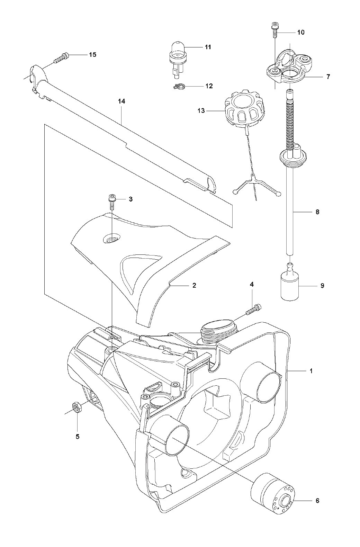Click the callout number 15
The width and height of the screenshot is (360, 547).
click(x=92, y=54)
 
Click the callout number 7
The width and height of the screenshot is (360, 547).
click(x=328, y=77)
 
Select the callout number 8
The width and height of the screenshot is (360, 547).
click(x=317, y=211)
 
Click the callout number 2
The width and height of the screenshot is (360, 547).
click(x=194, y=285)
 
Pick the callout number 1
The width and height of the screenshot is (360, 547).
click(x=311, y=371)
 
